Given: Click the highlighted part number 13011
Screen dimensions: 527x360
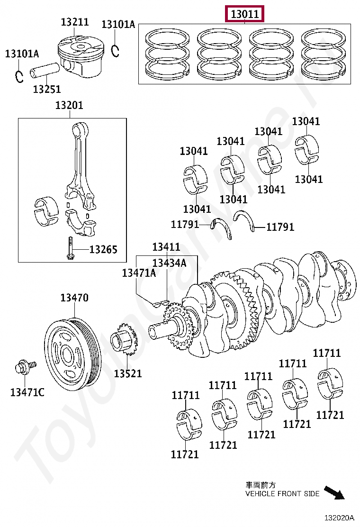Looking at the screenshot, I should coord(244,15).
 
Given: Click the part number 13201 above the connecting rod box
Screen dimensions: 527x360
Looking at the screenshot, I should coord(69,105).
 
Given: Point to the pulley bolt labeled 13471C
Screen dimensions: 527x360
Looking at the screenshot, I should coord(24,368).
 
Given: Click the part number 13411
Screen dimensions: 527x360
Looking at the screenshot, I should coord(166,247).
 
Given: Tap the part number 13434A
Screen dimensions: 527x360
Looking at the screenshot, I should coord(169,263).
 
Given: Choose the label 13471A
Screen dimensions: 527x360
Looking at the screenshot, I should coord(139,273).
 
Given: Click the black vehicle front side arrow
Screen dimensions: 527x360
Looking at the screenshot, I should coord(334,492).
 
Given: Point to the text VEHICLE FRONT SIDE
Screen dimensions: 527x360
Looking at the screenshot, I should coord(282,494).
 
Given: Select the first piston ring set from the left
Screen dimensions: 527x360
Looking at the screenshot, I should coord(167,54).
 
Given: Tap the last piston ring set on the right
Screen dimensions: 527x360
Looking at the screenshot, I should coord(324,54).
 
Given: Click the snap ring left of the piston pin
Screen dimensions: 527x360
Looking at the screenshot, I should coord(19,76).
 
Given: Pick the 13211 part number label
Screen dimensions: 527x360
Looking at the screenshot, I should coord(75,22).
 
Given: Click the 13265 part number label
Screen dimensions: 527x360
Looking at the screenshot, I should coord(103,250).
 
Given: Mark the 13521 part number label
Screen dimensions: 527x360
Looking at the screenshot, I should coord(128,373).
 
